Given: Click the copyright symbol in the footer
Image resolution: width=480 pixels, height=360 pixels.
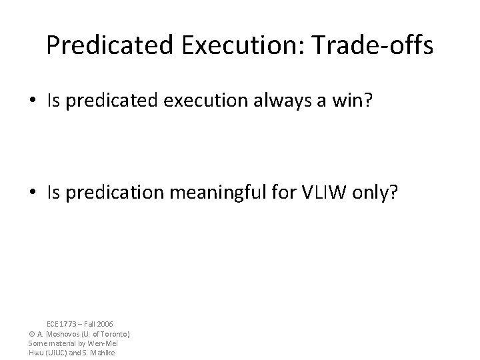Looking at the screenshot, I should (32, 333).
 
